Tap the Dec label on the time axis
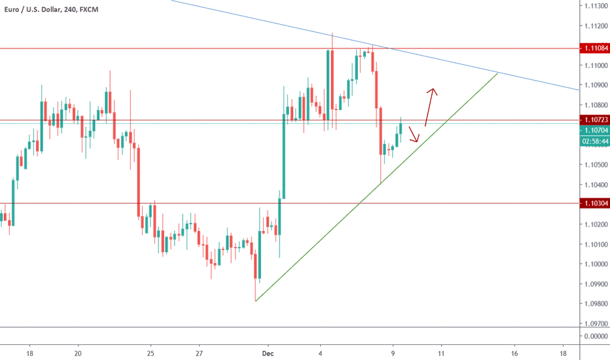[x=267, y=353]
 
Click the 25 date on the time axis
[x=151, y=353]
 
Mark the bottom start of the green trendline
[x=255, y=301]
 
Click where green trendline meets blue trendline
[x=499, y=73]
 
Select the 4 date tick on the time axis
[x=320, y=353]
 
